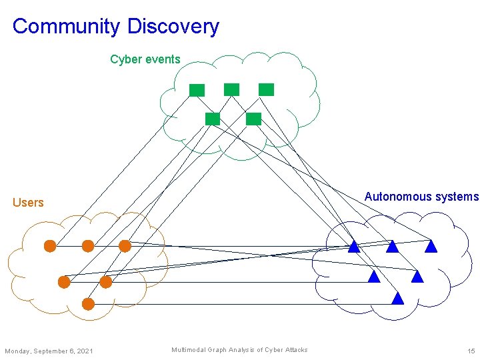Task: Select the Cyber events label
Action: [x=145, y=59]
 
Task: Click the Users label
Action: [x=28, y=203]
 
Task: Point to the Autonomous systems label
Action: [x=421, y=197]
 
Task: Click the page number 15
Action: [x=471, y=351]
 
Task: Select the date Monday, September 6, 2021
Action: [x=49, y=351]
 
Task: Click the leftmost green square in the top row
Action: [x=197, y=90]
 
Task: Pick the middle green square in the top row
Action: [x=231, y=89]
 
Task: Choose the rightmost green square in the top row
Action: [x=266, y=89]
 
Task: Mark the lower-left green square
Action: [x=212, y=119]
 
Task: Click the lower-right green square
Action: [x=253, y=119]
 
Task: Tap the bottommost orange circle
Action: [x=88, y=304]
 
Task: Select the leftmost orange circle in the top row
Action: [x=50, y=246]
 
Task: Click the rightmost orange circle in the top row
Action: [x=125, y=246]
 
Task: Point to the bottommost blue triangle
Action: [x=398, y=299]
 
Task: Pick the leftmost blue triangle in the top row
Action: [x=354, y=247]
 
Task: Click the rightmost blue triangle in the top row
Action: [x=431, y=247]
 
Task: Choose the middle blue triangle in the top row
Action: [x=392, y=247]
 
